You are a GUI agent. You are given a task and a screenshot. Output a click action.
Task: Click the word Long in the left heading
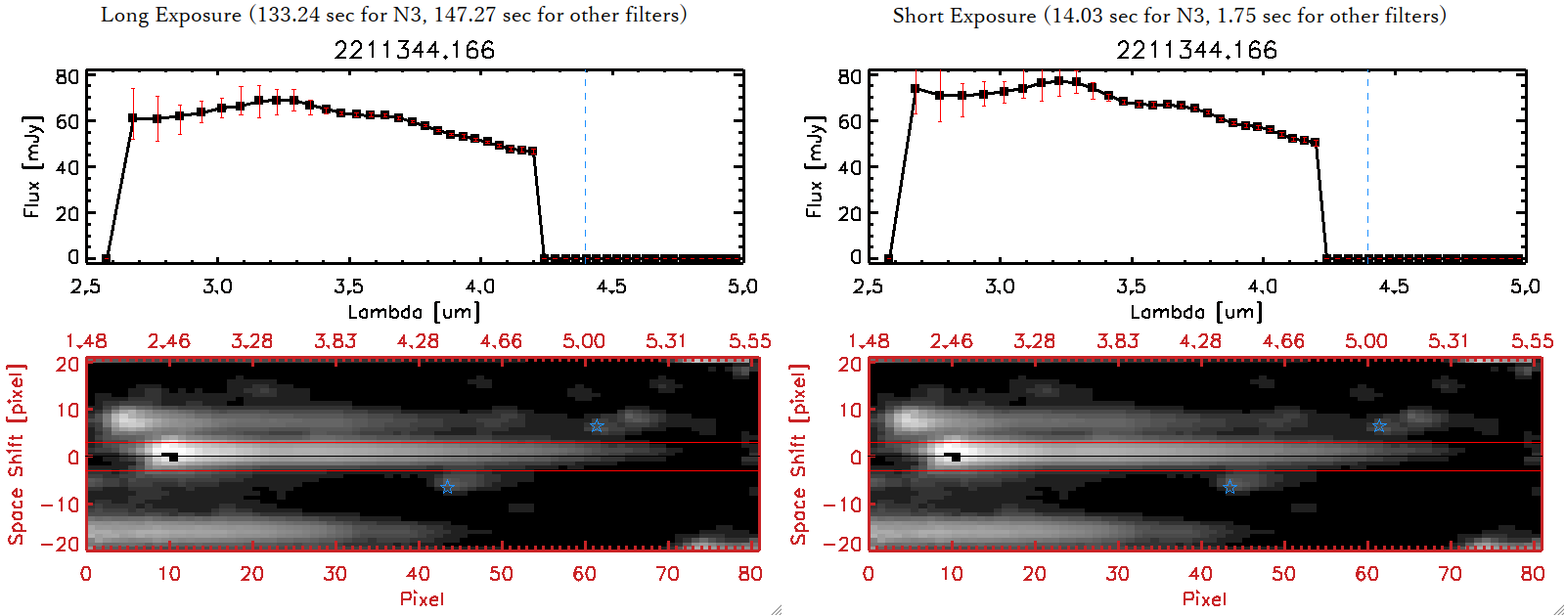click(122, 16)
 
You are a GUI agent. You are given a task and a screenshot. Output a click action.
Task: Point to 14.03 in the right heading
click(1074, 16)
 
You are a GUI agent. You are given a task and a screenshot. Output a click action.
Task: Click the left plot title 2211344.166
click(415, 50)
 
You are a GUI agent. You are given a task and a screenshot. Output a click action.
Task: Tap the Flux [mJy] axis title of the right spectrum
click(814, 166)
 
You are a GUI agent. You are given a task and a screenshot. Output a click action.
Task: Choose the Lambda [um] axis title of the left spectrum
click(414, 312)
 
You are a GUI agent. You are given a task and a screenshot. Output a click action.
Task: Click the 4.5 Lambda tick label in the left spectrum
click(611, 286)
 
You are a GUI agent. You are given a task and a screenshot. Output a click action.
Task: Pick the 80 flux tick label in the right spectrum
click(849, 76)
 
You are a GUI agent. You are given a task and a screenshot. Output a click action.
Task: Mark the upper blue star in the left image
click(597, 426)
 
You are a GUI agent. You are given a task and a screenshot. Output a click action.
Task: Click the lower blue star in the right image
click(1230, 487)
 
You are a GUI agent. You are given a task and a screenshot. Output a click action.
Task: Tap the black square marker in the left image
click(173, 457)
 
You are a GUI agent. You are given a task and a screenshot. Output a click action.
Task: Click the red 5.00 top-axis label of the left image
click(584, 341)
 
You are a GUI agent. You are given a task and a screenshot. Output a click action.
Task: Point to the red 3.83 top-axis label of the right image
click(1117, 341)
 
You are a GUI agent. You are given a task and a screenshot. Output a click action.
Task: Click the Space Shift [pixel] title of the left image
click(16, 455)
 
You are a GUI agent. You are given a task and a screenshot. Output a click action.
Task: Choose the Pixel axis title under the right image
click(1204, 598)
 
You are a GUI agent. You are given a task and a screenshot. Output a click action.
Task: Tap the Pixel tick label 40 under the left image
click(418, 574)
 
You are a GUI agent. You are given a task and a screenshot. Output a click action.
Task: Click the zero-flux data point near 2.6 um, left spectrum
click(106, 259)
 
